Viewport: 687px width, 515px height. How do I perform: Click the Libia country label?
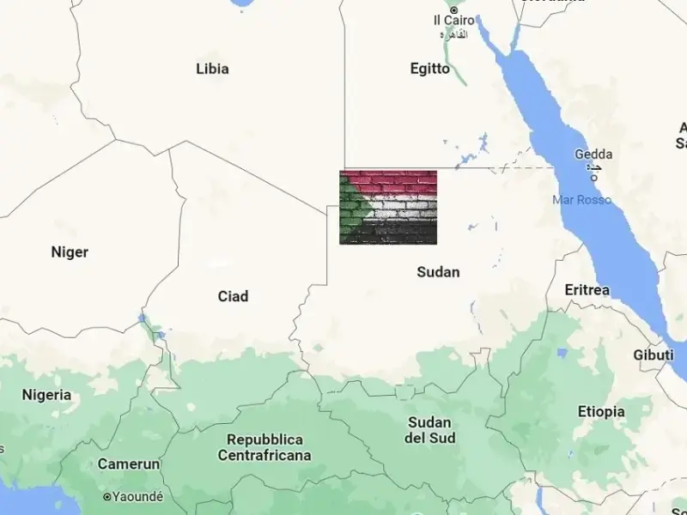pos(212,69)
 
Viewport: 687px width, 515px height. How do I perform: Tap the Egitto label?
pos(429,69)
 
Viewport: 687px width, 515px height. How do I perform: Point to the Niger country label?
pos(70,252)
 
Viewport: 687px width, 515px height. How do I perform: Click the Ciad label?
pos(233,296)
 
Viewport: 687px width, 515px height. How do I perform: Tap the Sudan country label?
pos(438,272)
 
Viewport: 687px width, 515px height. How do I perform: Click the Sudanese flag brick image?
pos(388,207)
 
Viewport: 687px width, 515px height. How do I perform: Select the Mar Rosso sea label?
pos(582,200)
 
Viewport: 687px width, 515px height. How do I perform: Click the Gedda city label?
pos(593,154)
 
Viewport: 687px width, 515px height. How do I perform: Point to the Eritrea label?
pos(587,290)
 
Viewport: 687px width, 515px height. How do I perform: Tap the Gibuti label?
pos(654,355)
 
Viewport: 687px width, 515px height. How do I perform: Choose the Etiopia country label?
pos(601,412)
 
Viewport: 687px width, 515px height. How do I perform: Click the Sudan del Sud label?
pos(430,430)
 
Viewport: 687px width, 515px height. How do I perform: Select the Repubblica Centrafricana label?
pos(264,447)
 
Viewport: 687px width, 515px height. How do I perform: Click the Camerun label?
pos(129,464)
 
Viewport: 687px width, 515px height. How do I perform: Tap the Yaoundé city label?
pos(137,496)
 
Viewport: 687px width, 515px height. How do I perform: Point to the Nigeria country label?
pos(46,395)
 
